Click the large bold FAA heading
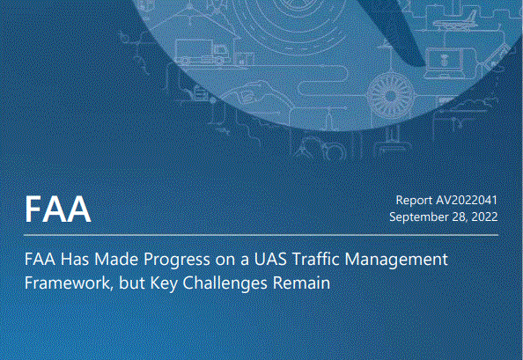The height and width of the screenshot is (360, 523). [58, 209]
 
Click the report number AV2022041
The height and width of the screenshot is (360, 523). [467, 200]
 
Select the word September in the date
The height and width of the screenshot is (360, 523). [416, 217]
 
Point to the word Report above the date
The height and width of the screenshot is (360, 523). [414, 201]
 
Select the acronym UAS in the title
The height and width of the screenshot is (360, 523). [270, 259]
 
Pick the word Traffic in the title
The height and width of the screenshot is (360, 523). [316, 259]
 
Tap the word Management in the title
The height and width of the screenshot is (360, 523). [396, 260]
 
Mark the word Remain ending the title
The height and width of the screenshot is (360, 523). [301, 283]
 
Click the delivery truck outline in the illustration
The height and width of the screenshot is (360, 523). [203, 52]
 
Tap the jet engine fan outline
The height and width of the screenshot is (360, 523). [391, 96]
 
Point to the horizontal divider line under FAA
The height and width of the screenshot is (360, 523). [261, 235]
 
